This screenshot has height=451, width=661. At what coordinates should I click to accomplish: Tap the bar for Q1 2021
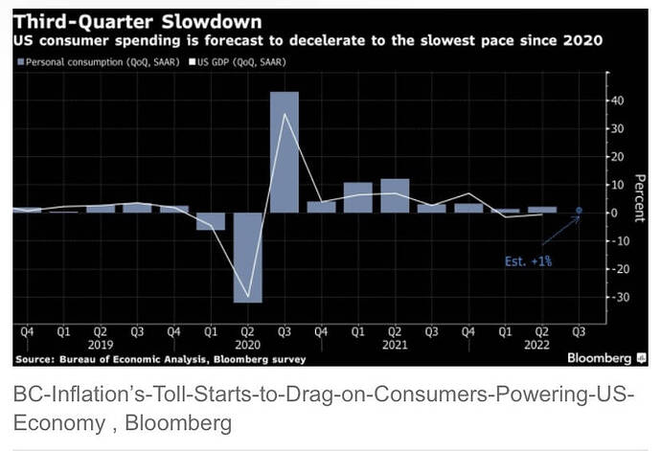357,197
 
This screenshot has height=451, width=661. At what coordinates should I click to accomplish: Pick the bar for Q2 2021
395,195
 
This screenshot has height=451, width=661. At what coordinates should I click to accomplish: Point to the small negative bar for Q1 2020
211,221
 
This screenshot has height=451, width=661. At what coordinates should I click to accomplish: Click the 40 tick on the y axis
616,101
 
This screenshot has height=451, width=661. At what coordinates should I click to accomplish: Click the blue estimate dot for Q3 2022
578,211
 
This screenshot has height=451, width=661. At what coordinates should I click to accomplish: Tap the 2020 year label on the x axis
247,344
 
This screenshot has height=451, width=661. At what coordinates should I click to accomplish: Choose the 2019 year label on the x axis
101,344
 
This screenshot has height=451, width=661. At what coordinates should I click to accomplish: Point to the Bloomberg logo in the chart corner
599,358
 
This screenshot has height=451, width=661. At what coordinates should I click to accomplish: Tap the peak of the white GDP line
285,114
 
